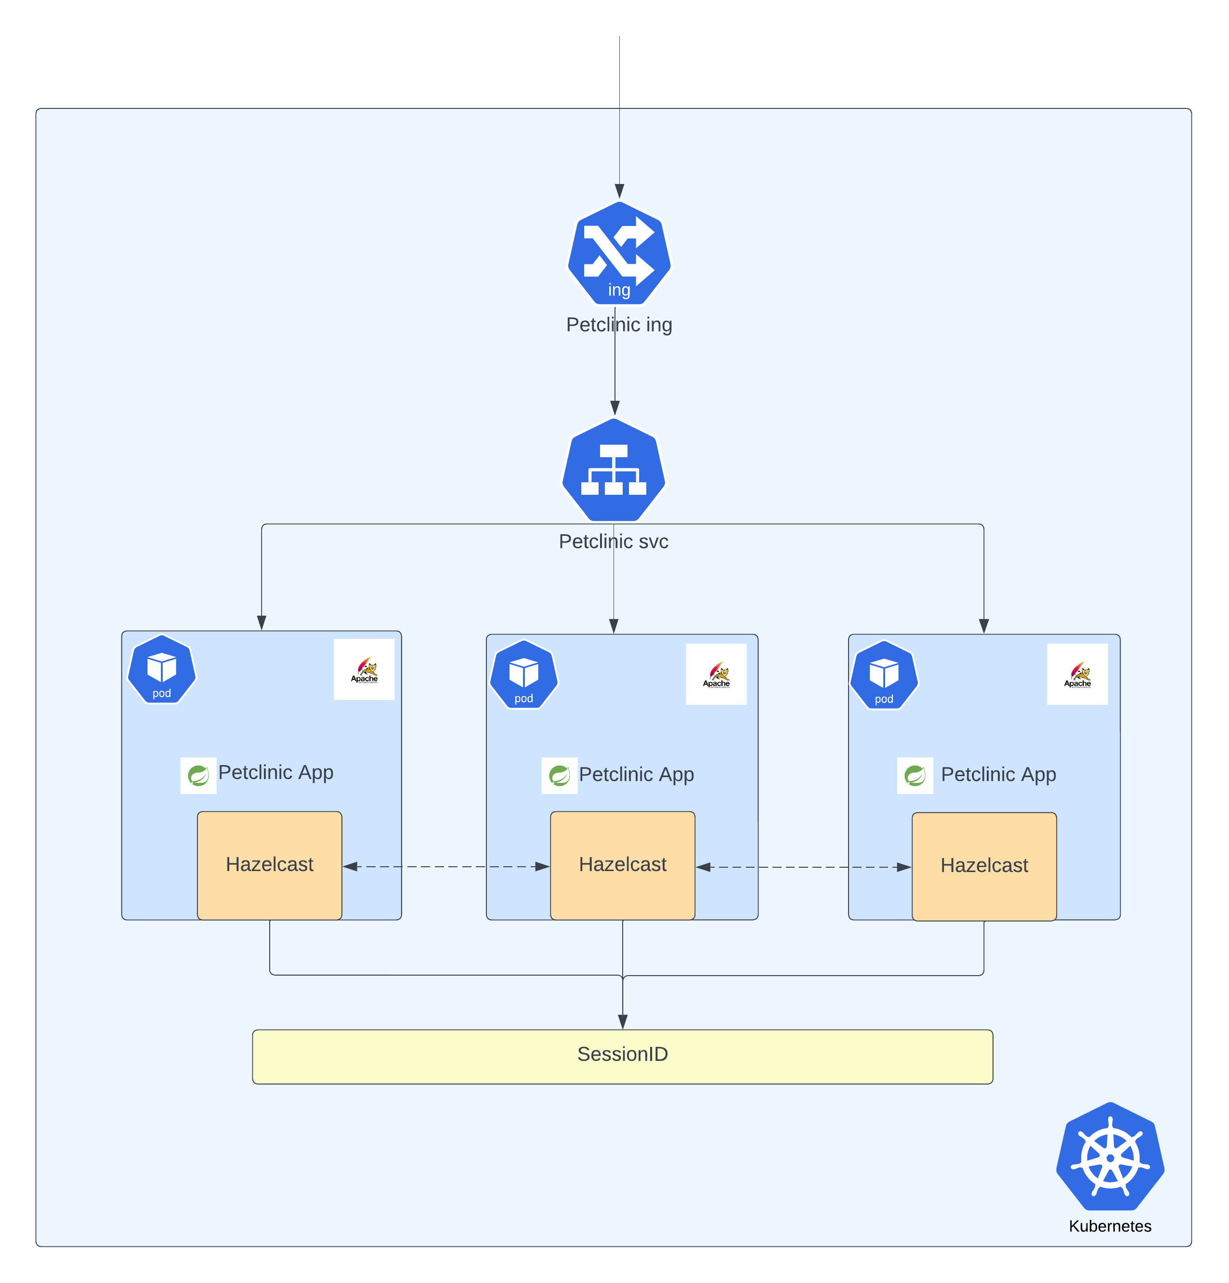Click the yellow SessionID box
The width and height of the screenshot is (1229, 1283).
tap(622, 1056)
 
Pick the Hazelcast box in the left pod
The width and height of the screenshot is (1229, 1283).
tap(269, 865)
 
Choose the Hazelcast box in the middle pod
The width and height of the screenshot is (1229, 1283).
tap(622, 865)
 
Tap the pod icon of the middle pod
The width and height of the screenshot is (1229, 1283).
tap(523, 674)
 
